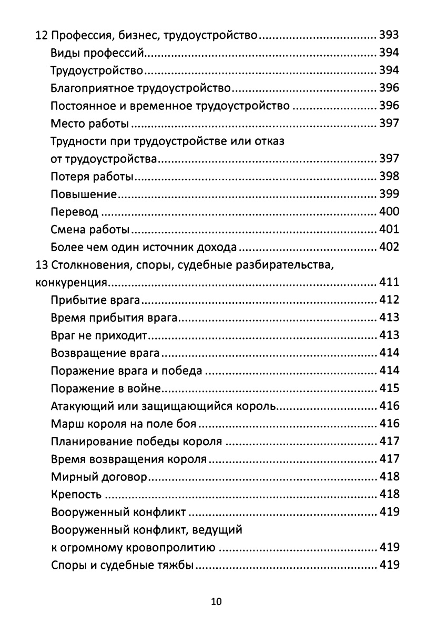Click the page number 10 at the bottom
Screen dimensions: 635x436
[216, 602]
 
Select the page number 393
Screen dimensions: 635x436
[389, 36]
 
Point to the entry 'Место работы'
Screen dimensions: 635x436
[90, 124]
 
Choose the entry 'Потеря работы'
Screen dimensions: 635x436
[92, 177]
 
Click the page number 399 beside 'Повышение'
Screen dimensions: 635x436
[389, 194]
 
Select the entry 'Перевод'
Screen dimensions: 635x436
[74, 212]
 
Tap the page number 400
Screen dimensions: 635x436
[389, 212]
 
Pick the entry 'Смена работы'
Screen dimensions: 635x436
[90, 230]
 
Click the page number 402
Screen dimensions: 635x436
[389, 248]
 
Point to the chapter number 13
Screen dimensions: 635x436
[41, 265]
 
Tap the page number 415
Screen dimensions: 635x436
[389, 388]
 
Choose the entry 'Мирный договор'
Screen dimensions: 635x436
[99, 477]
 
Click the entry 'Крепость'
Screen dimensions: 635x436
[76, 495]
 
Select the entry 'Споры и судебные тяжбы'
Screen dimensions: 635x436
[123, 566]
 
